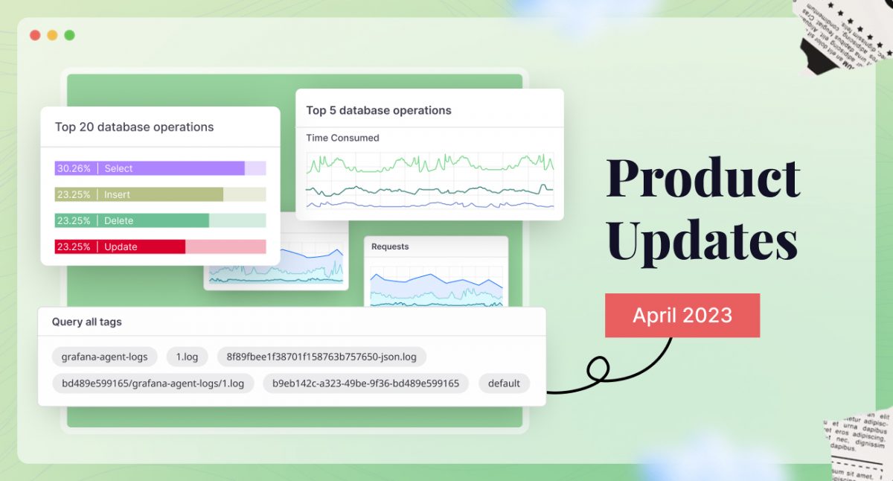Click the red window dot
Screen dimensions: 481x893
[35, 35]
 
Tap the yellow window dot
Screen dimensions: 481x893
[52, 35]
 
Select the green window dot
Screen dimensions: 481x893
[69, 35]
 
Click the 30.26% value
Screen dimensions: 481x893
[74, 168]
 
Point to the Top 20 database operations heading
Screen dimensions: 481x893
[134, 127]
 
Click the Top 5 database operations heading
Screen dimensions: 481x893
[379, 110]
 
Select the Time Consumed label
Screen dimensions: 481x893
[342, 138]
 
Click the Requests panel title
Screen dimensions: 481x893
[390, 246]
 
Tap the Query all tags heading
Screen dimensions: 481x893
[86, 322]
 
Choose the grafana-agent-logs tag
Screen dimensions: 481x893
[104, 357]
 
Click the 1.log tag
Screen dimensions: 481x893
[187, 357]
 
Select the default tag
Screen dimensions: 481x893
[504, 383]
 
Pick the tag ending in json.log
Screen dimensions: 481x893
[321, 357]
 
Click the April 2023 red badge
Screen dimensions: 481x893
[682, 315]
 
